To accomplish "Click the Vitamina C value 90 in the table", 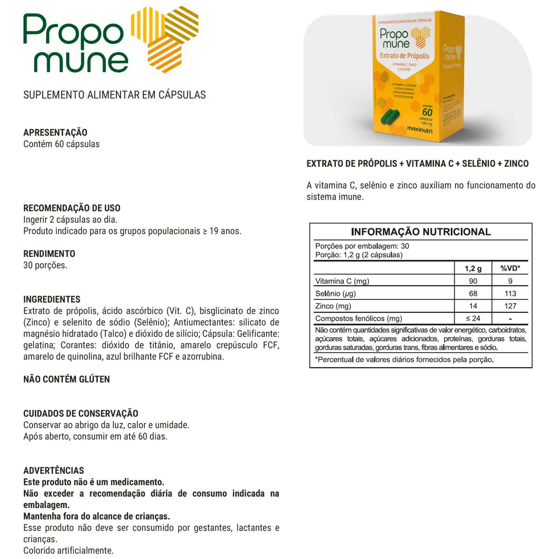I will (x=473, y=281).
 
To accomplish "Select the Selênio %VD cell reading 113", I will (x=510, y=293).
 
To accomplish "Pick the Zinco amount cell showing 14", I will (x=473, y=306).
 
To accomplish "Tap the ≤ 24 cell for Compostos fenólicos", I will (x=473, y=319).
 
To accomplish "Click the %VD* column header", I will (x=510, y=268).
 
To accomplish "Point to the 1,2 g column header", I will (x=473, y=268).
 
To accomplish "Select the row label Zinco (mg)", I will (x=333, y=306).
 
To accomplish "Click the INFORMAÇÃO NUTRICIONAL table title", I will (x=421, y=232).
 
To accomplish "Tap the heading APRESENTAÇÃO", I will (x=55, y=132).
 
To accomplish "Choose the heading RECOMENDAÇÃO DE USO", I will (x=72, y=208).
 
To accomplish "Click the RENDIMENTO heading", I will (x=49, y=254).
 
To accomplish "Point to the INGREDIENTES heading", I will (x=52, y=300).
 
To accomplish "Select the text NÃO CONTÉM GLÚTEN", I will (x=67, y=379).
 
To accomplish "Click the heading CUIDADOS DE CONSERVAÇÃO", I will (x=81, y=414).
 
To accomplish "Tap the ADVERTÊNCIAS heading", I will (x=54, y=470).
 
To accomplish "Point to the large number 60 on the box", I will (x=427, y=112).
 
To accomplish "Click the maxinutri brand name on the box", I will (x=420, y=130).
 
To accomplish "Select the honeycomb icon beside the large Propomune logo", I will (x=165, y=40).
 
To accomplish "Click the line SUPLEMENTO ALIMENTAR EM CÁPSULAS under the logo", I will (x=115, y=95).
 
